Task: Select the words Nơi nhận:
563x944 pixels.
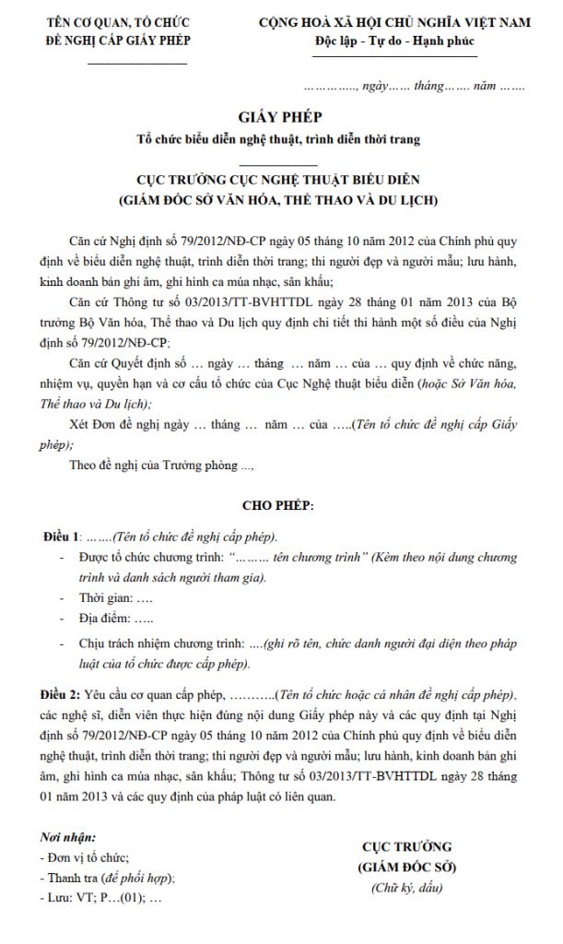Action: tap(69, 838)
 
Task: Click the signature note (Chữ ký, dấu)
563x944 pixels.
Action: tap(406, 888)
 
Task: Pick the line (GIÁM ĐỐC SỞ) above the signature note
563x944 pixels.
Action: tap(406, 868)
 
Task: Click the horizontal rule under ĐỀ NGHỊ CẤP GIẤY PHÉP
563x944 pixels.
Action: tap(135, 64)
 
